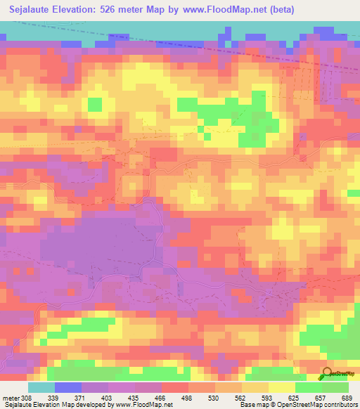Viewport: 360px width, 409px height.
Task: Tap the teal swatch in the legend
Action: click(41, 387)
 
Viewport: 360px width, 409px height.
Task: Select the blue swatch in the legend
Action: click(67, 387)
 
